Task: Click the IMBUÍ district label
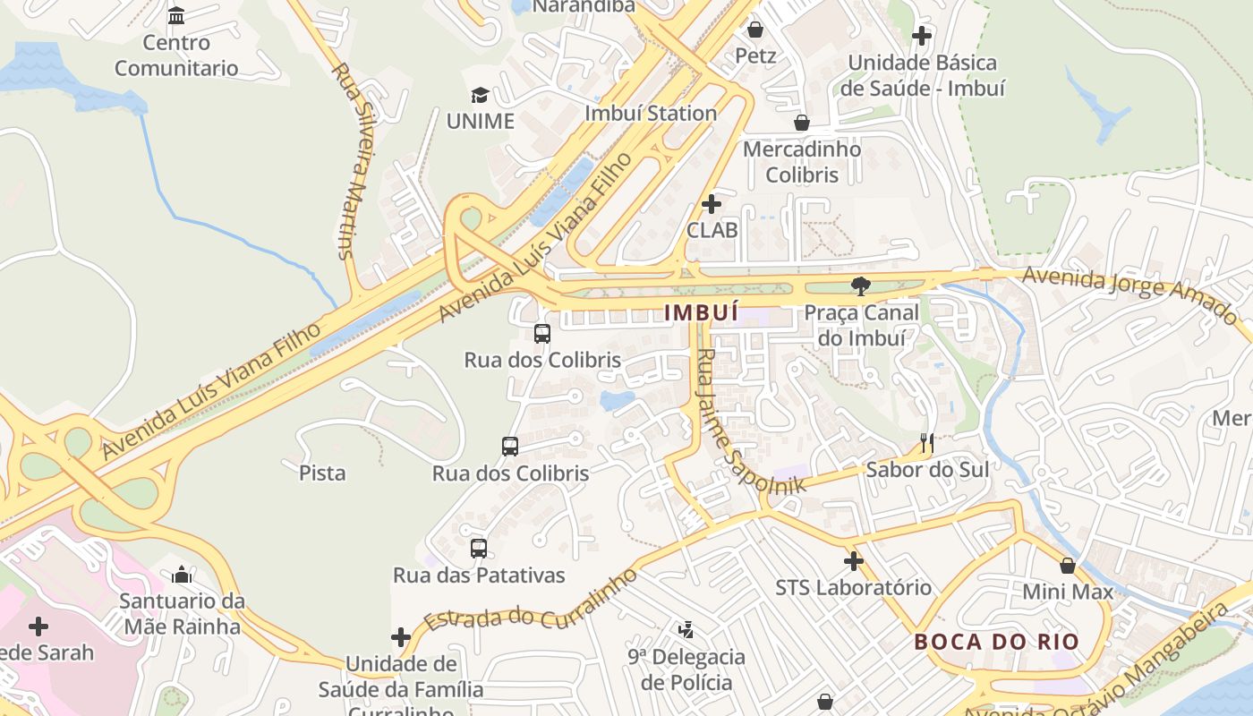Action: tap(702, 312)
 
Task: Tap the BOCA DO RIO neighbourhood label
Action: tap(996, 642)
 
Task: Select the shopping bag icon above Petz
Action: tap(755, 30)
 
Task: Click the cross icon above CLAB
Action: tap(712, 204)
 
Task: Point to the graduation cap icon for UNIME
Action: tap(480, 95)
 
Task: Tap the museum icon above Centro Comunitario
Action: tap(176, 16)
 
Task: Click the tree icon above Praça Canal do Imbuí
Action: tap(861, 286)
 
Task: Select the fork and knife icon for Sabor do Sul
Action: tap(927, 443)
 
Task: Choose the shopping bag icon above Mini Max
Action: tap(1067, 566)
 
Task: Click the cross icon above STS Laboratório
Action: tap(853, 561)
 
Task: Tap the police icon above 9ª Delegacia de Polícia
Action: tap(686, 630)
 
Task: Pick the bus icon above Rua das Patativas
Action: tap(479, 549)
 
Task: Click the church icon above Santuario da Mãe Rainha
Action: tap(182, 574)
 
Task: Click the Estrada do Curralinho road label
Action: tap(531, 601)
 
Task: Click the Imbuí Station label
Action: tap(651, 114)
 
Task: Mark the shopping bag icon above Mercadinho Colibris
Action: tap(802, 123)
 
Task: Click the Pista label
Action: tap(322, 473)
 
